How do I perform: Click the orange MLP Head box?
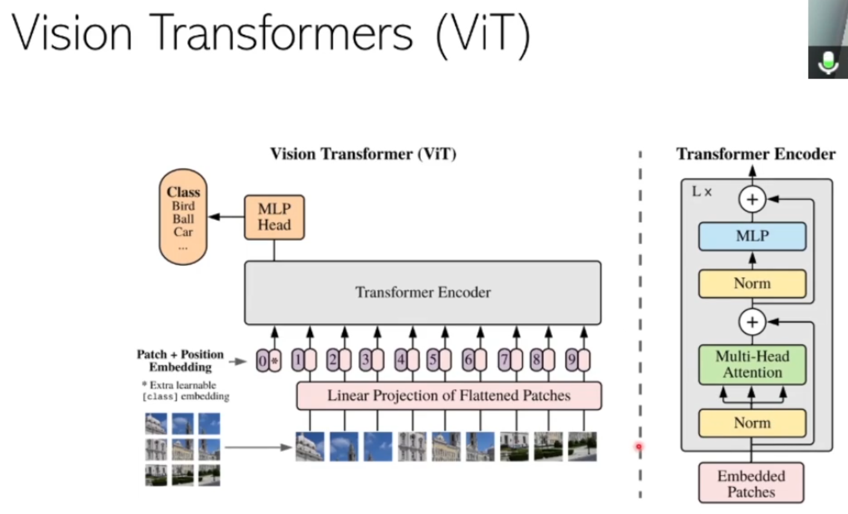[x=274, y=217]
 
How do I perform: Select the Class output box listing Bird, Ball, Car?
[x=183, y=217]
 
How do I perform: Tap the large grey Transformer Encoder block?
[x=422, y=293]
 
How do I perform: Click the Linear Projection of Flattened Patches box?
[x=449, y=395]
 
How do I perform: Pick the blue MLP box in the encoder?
[x=752, y=236]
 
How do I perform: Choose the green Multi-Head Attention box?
[x=752, y=364]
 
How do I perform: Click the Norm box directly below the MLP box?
[x=752, y=283]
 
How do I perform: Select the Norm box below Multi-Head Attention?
[x=752, y=423]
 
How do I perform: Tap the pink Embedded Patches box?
[x=751, y=483]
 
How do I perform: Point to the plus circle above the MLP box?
[x=752, y=199]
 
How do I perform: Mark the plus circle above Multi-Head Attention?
[x=752, y=322]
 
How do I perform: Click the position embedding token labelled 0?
[x=263, y=361]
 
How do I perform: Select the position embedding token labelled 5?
[x=433, y=361]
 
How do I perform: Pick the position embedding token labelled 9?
[x=572, y=361]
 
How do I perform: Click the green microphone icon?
[x=828, y=62]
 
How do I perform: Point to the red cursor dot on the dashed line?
[x=639, y=447]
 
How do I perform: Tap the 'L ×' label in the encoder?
[x=702, y=192]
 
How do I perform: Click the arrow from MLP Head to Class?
[x=226, y=217]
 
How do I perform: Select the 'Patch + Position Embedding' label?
[x=180, y=361]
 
